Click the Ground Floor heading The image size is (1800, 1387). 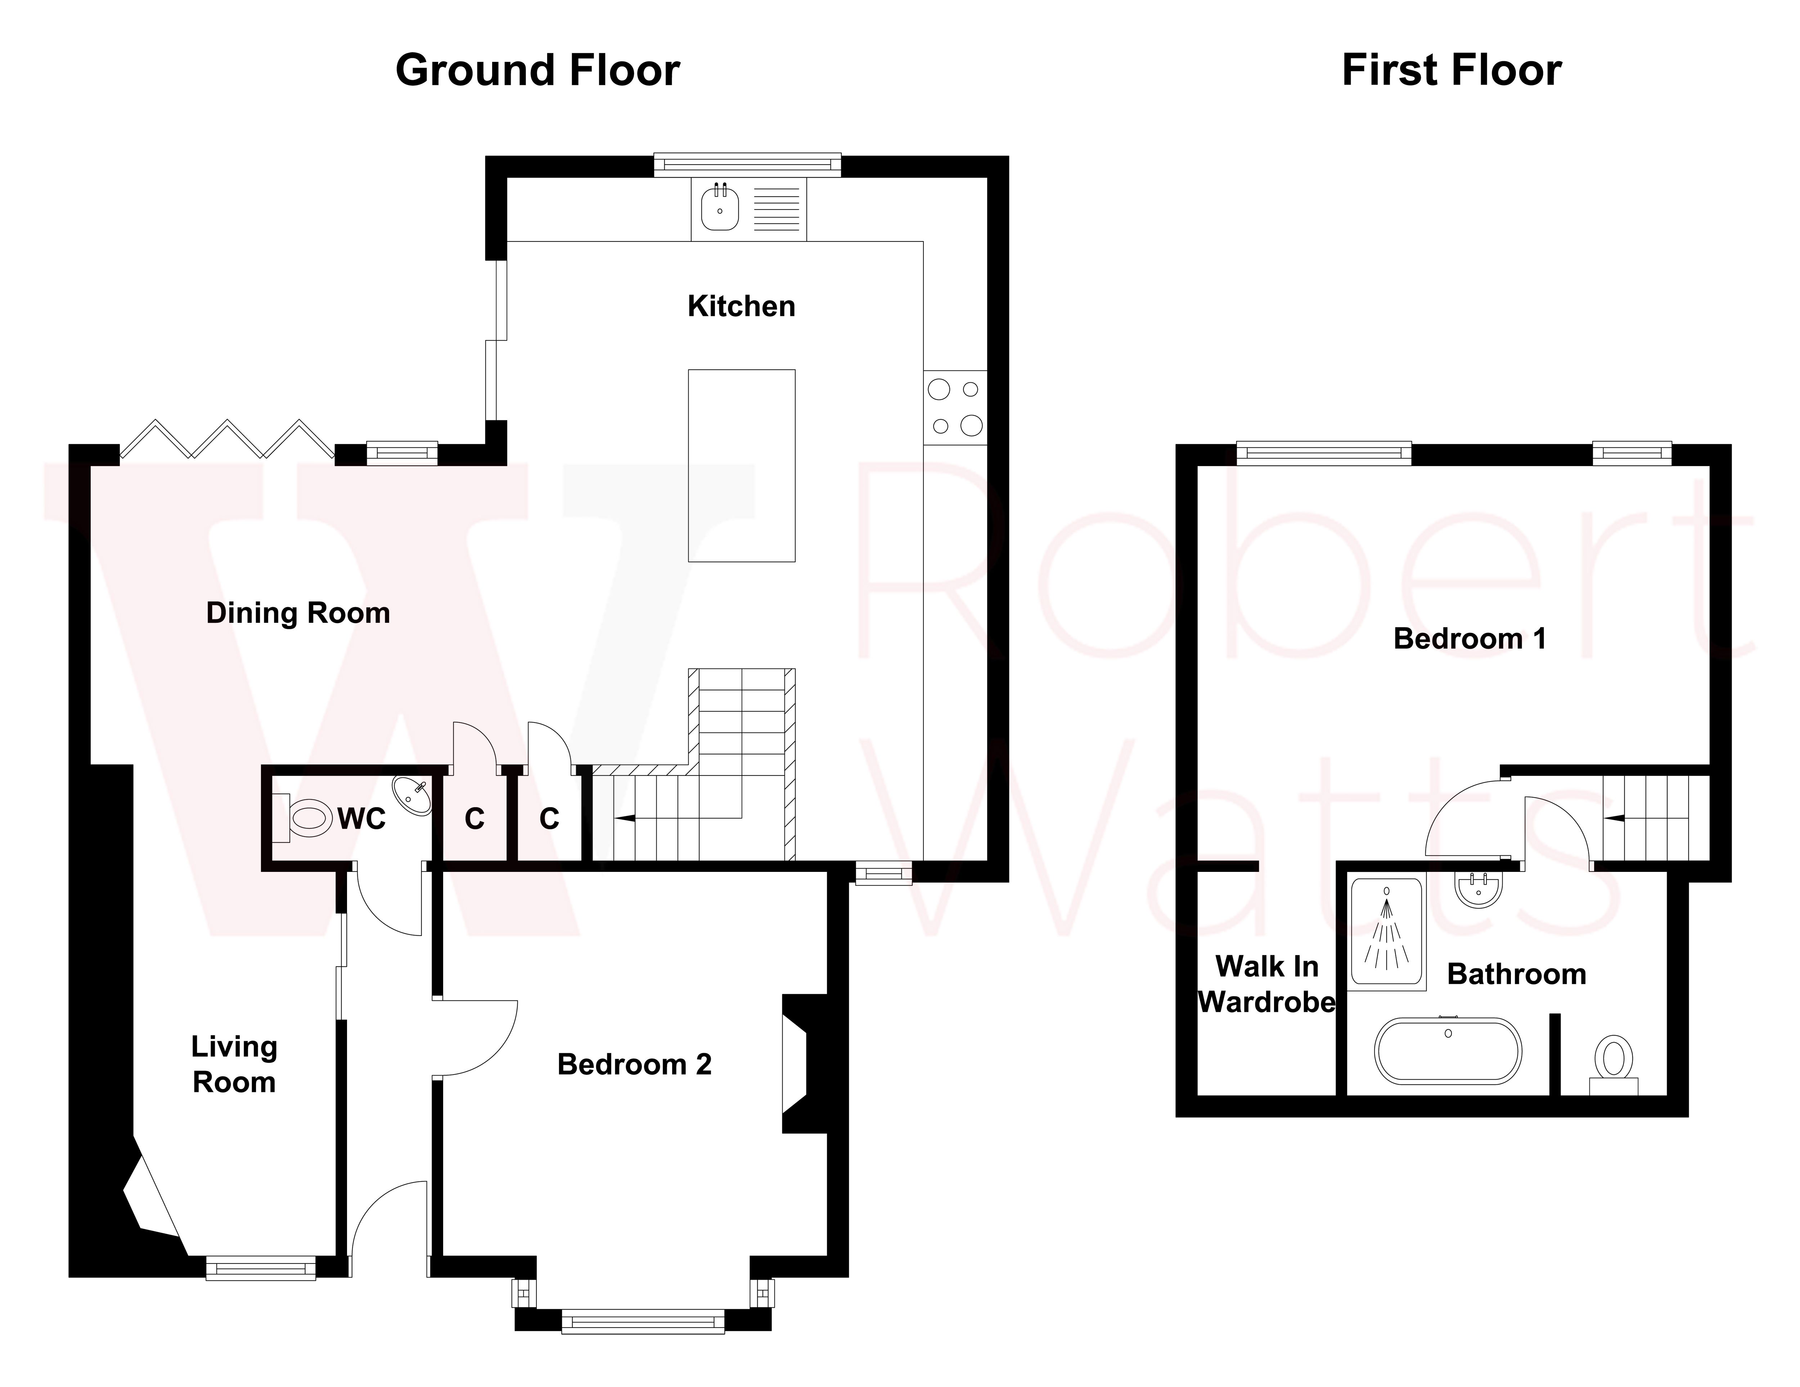click(537, 70)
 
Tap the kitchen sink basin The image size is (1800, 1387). click(720, 208)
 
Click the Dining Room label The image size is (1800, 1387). click(297, 613)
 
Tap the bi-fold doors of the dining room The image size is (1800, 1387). click(227, 438)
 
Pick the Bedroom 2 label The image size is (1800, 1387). click(634, 1064)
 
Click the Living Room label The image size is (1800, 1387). click(234, 1064)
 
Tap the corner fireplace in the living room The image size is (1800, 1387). click(148, 1199)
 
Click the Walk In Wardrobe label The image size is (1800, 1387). click(1267, 984)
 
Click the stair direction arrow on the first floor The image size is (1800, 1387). click(1613, 818)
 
